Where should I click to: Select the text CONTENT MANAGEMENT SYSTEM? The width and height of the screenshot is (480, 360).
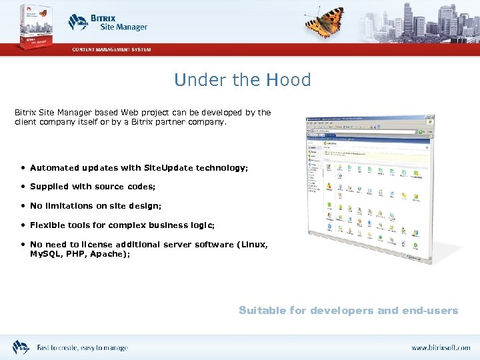[111, 49]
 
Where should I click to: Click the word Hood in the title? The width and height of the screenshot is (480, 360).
[288, 81]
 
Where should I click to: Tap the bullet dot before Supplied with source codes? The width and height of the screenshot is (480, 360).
[23, 187]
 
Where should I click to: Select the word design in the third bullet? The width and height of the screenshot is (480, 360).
[147, 207]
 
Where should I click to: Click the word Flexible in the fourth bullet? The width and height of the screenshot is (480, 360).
[47, 226]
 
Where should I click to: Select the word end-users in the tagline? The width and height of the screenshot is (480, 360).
[432, 311]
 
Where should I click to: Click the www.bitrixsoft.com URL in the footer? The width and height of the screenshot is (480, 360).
[440, 348]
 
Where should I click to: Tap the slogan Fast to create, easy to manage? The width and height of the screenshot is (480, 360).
[82, 348]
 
